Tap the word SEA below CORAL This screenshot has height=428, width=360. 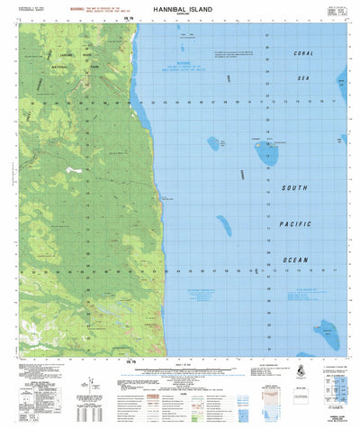[302, 78]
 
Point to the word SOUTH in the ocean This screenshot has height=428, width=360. [296, 187]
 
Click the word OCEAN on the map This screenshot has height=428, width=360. [296, 260]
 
